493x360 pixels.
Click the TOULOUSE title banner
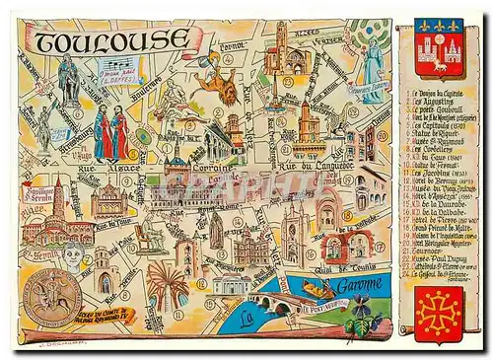tap(110, 40)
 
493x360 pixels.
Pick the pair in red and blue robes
tap(110, 134)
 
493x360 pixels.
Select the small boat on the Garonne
tap(317, 288)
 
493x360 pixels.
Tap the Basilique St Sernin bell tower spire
tap(59, 192)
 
